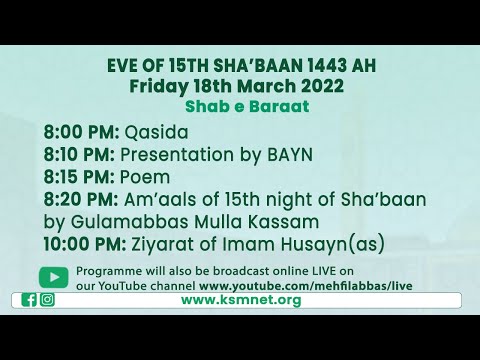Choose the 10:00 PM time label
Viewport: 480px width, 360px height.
tap(85, 243)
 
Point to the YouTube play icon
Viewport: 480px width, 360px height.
tap(54, 277)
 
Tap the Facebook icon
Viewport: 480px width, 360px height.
tap(29, 299)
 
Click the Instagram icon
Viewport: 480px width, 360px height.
tap(47, 299)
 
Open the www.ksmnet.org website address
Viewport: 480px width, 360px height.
tap(240, 299)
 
